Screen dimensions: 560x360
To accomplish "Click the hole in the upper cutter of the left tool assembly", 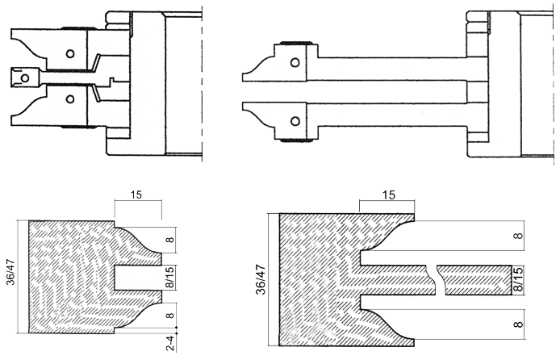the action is pyautogui.click(x=70, y=54).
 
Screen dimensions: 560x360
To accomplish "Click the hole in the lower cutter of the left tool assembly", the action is pyautogui.click(x=70, y=99).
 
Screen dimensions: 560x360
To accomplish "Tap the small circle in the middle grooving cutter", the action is pyautogui.click(x=25, y=77).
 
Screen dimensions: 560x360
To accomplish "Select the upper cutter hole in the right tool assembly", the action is pyautogui.click(x=295, y=63).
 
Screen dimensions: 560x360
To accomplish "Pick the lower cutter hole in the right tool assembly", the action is pyautogui.click(x=295, y=121).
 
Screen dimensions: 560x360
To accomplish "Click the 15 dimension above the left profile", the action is pyautogui.click(x=136, y=195).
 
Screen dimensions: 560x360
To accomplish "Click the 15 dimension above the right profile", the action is pyautogui.click(x=389, y=195).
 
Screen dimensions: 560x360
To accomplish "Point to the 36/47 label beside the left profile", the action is pyautogui.click(x=11, y=272).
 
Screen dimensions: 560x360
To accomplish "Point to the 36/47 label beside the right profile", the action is pyautogui.click(x=261, y=279).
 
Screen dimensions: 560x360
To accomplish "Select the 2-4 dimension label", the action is pyautogui.click(x=171, y=343).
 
